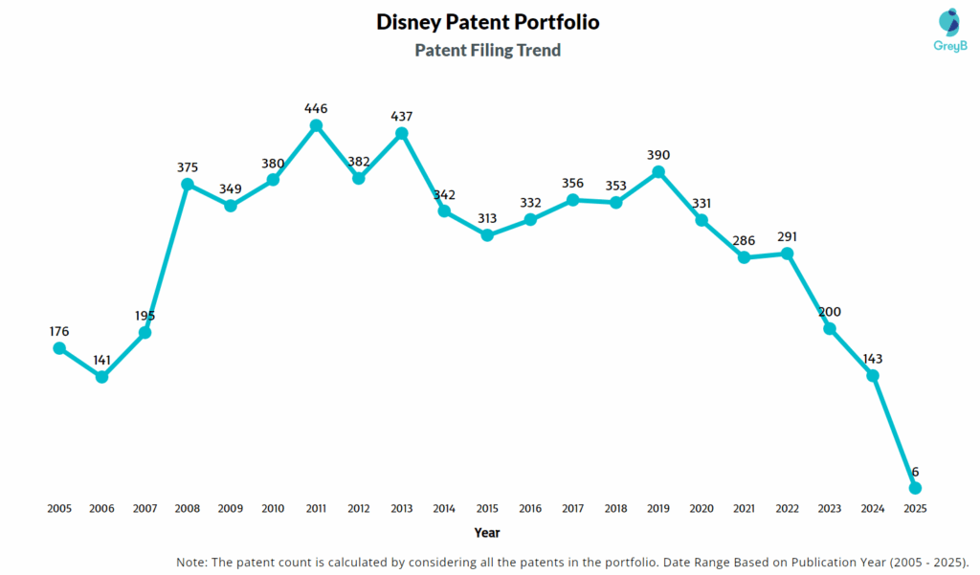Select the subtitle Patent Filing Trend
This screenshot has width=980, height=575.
coord(487,50)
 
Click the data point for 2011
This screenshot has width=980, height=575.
coord(316,125)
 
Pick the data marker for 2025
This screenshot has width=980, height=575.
coord(915,488)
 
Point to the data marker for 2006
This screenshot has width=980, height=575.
coord(101,377)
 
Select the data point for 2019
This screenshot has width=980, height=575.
coord(658,172)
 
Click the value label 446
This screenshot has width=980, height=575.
coord(316,108)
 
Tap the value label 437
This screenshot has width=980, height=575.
coord(402,116)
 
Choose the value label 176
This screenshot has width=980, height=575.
coord(59,331)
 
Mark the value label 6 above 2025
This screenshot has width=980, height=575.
coord(915,472)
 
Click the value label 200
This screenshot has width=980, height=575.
coord(830,312)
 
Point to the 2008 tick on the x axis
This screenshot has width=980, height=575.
coord(188,509)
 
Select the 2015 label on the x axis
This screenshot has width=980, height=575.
coord(487,509)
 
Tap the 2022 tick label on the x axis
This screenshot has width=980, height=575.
coord(787,509)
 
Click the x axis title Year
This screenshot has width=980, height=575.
coord(487,533)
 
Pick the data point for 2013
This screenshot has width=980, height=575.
coord(402,133)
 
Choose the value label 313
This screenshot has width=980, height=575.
coord(487,217)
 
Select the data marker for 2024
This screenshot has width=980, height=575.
coord(873,376)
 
